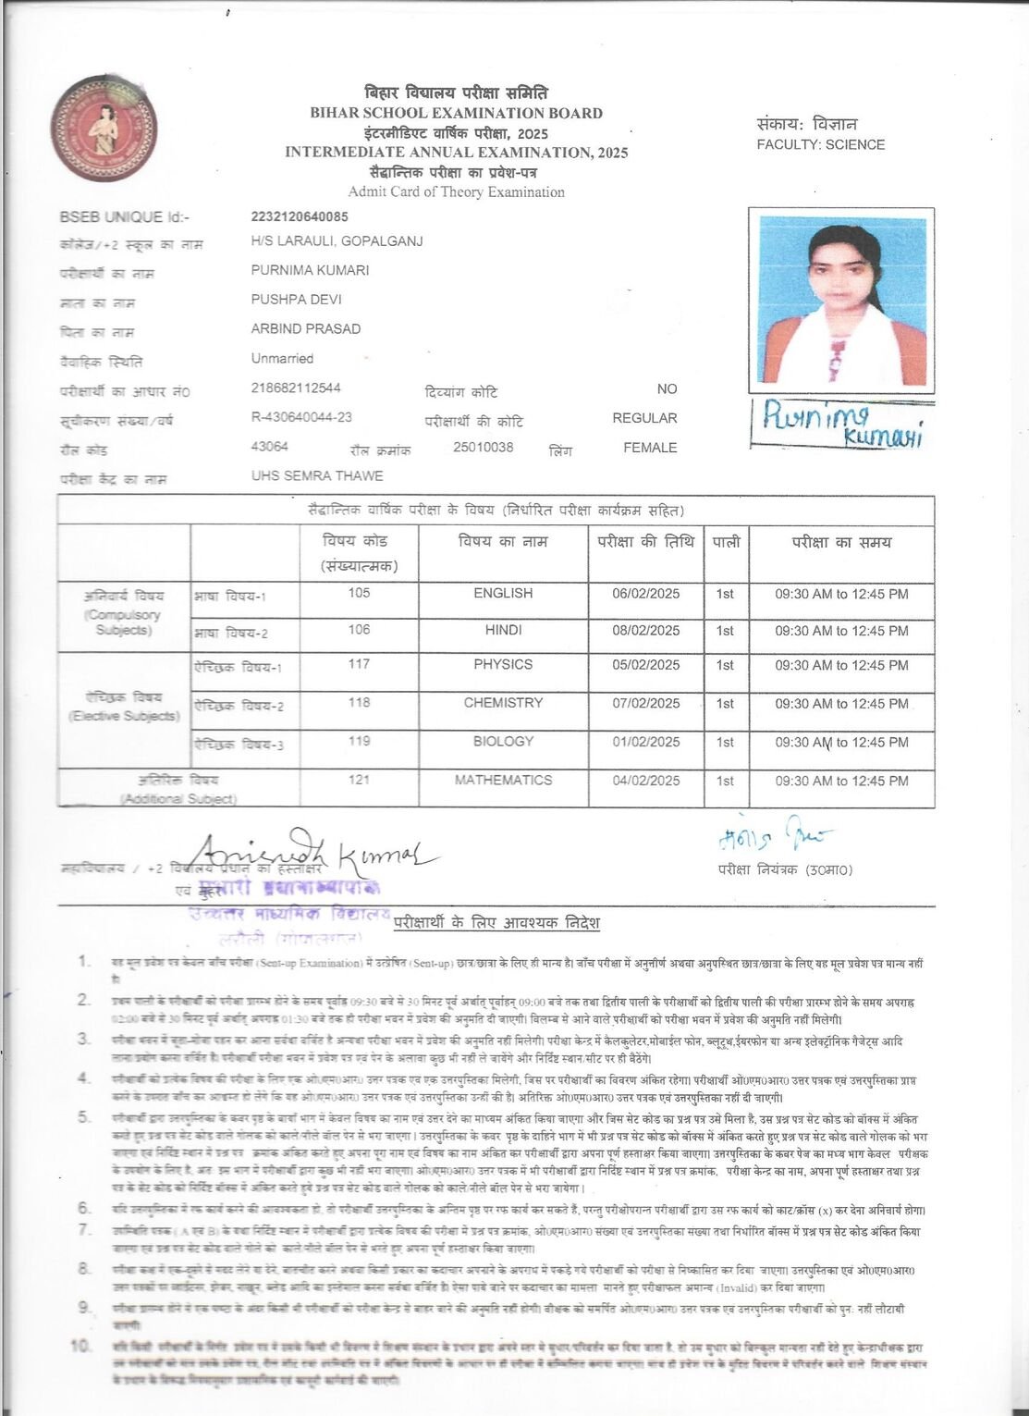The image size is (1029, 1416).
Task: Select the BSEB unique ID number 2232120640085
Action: (x=300, y=216)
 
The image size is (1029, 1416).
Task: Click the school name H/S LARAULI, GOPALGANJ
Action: (x=337, y=241)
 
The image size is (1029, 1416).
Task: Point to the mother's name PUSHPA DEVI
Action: (x=297, y=300)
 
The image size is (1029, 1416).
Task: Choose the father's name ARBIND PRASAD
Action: (x=306, y=328)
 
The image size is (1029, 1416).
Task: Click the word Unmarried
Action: (x=282, y=358)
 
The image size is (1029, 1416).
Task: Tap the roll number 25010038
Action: (x=483, y=447)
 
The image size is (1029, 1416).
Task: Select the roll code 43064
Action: (x=270, y=447)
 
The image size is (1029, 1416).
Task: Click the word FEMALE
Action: (x=650, y=448)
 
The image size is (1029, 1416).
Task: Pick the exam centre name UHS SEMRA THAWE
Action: (x=317, y=475)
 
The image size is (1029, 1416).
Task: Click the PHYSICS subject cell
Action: (x=503, y=664)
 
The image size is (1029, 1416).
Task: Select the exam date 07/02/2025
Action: (x=645, y=703)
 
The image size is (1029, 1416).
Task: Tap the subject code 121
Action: (x=360, y=780)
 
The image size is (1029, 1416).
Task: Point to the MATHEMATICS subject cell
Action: (x=503, y=780)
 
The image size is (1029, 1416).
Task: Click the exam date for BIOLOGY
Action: (x=645, y=742)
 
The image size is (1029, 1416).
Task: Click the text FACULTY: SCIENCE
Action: (x=820, y=144)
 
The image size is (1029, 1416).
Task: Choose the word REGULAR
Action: (x=644, y=418)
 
